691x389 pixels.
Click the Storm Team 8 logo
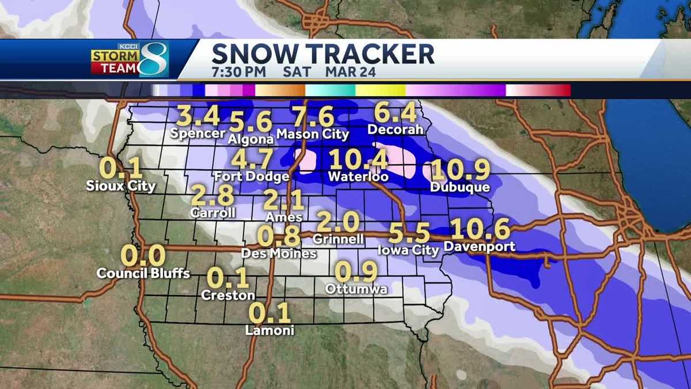click(x=129, y=59)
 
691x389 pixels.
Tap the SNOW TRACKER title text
click(x=322, y=54)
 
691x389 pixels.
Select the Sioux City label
click(x=121, y=186)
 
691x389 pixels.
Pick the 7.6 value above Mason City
click(x=313, y=118)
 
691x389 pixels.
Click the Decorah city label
click(x=396, y=130)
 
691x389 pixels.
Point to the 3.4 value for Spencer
click(x=198, y=116)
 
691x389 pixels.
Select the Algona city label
click(x=250, y=139)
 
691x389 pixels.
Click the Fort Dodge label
click(x=250, y=176)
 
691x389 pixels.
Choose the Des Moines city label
click(x=279, y=253)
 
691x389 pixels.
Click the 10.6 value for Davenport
click(x=480, y=230)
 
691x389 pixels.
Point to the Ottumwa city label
click(x=356, y=289)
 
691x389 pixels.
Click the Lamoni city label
click(x=269, y=331)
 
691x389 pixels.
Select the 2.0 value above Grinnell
click(x=339, y=222)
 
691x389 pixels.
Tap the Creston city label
click(x=228, y=295)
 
